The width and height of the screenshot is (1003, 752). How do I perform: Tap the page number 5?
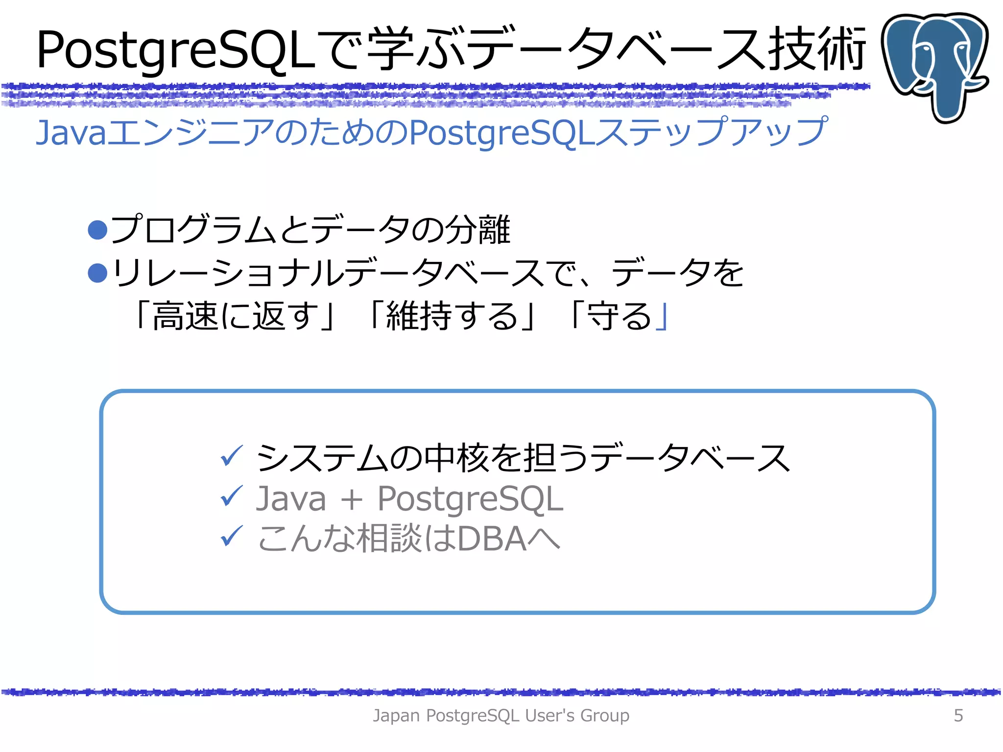coord(958,715)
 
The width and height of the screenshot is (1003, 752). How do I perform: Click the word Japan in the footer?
coord(397,715)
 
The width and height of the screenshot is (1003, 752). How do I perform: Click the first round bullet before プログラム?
coord(97,230)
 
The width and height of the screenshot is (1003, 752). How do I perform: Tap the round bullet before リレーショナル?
coord(97,273)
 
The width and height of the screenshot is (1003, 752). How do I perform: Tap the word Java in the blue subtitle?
coord(71,133)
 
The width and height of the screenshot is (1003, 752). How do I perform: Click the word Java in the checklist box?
coord(291,499)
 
